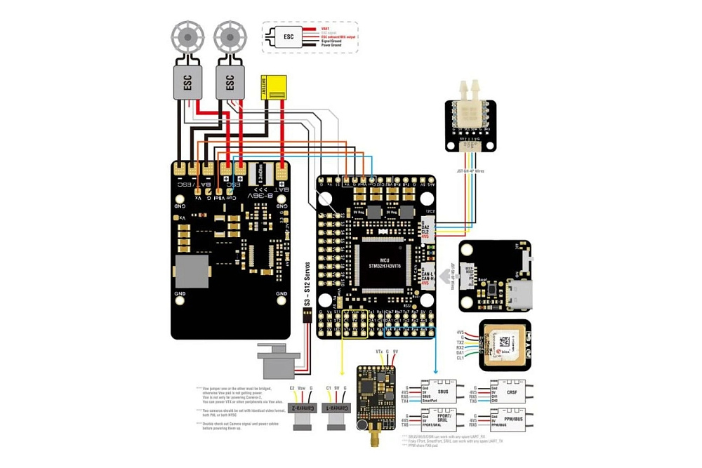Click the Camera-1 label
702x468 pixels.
pyautogui.click(x=336, y=408)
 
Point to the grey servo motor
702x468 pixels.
pyautogui.click(x=276, y=361)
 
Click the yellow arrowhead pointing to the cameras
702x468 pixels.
pyautogui.click(x=342, y=371)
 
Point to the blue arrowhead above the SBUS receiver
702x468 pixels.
pyautogui.click(x=436, y=371)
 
